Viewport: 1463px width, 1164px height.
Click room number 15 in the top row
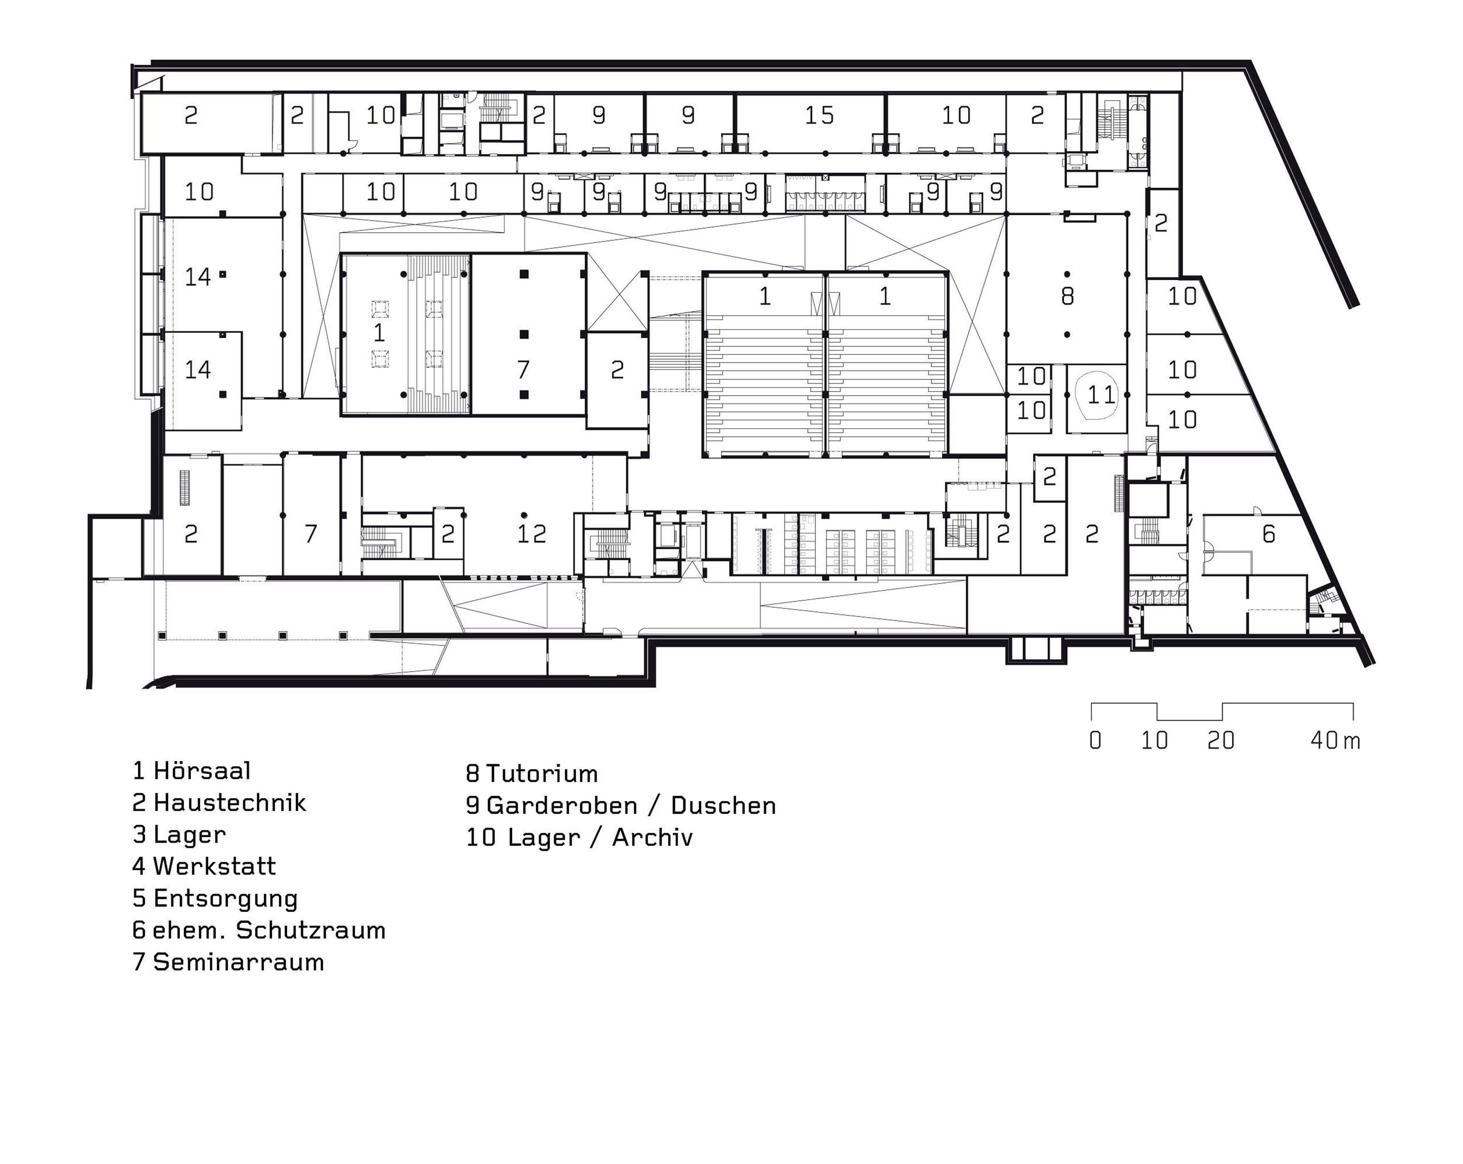coord(819,116)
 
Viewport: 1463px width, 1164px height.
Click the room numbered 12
coord(531,534)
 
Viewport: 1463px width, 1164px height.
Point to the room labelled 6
coord(1268,534)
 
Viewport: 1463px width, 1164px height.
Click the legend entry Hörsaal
coord(192,771)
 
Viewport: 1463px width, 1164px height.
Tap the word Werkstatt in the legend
coord(204,867)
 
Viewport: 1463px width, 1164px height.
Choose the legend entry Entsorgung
coord(215,899)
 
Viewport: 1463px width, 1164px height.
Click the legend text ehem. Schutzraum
coord(259,931)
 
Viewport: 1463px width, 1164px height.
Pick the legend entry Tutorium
coord(531,774)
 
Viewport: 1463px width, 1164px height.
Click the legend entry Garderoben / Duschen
coord(621,806)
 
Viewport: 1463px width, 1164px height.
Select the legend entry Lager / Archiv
coord(579,838)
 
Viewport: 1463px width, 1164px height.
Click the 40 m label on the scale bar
coord(1335,741)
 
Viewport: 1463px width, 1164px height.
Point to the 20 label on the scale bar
coord(1221,741)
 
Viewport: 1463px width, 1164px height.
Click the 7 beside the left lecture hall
coord(523,370)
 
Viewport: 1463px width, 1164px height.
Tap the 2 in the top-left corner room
coord(191,116)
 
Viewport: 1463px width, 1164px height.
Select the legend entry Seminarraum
coord(228,963)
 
